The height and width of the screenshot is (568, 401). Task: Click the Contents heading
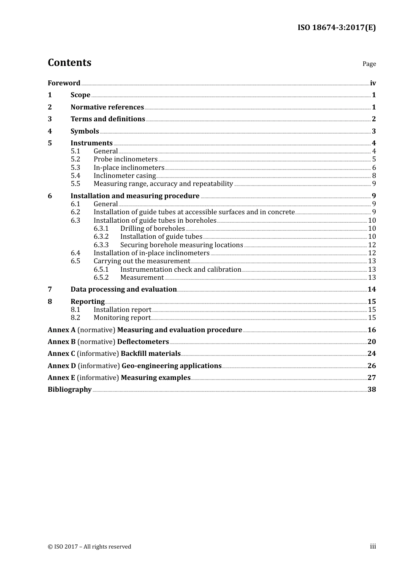click(69, 63)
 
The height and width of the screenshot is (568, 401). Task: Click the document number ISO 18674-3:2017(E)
click(336, 27)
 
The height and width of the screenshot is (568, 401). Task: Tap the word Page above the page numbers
click(369, 64)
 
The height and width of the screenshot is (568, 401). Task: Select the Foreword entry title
click(64, 83)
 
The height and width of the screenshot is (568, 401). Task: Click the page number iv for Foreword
click(373, 83)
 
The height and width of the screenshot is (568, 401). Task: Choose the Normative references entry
click(107, 107)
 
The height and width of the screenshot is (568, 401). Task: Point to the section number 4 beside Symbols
click(50, 131)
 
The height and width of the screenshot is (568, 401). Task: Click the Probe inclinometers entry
click(125, 159)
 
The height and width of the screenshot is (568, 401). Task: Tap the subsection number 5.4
click(75, 176)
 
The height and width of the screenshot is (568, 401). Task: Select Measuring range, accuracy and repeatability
click(163, 184)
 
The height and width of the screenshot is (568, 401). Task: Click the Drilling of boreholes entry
click(152, 229)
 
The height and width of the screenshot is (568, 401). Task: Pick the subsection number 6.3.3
click(101, 245)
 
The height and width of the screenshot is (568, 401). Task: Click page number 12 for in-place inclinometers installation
click(372, 253)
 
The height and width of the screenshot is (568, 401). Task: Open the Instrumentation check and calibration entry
click(181, 270)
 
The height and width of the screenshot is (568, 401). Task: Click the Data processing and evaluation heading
click(124, 289)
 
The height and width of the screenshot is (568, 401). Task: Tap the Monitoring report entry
click(122, 318)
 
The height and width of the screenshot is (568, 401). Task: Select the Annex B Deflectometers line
click(108, 342)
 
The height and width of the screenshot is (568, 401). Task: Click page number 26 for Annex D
click(371, 366)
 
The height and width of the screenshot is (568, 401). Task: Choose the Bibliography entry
click(70, 390)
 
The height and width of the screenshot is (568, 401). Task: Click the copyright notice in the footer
click(89, 547)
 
